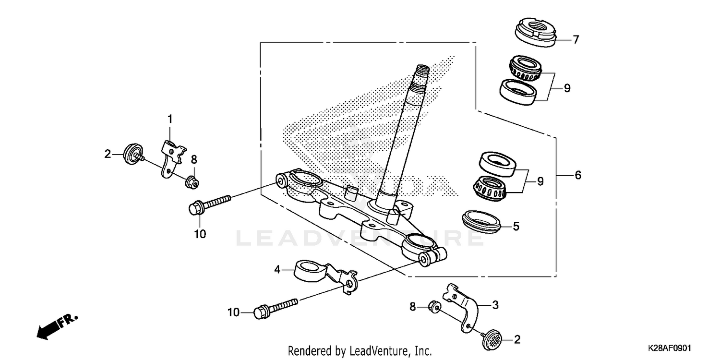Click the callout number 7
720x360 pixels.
[x=576, y=39]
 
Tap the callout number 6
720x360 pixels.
[x=578, y=176]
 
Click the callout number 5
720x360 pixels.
[x=516, y=226]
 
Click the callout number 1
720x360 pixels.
[x=169, y=118]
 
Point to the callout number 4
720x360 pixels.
[x=277, y=270]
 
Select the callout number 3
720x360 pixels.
[x=495, y=305]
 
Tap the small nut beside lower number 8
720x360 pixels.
[x=433, y=306]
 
